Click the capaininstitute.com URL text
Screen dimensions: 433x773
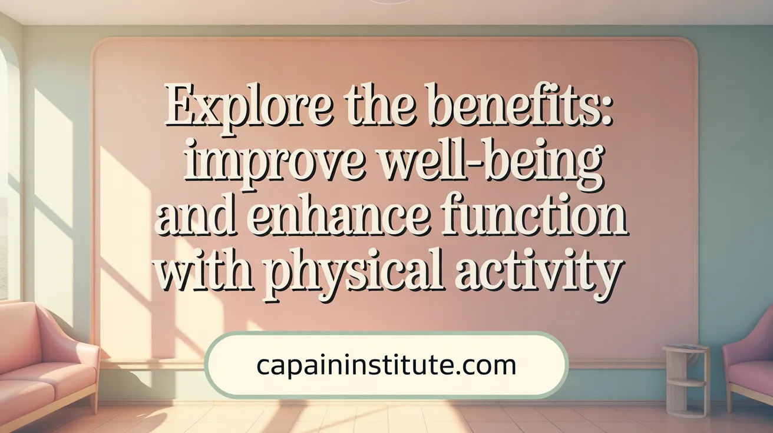[386, 365]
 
